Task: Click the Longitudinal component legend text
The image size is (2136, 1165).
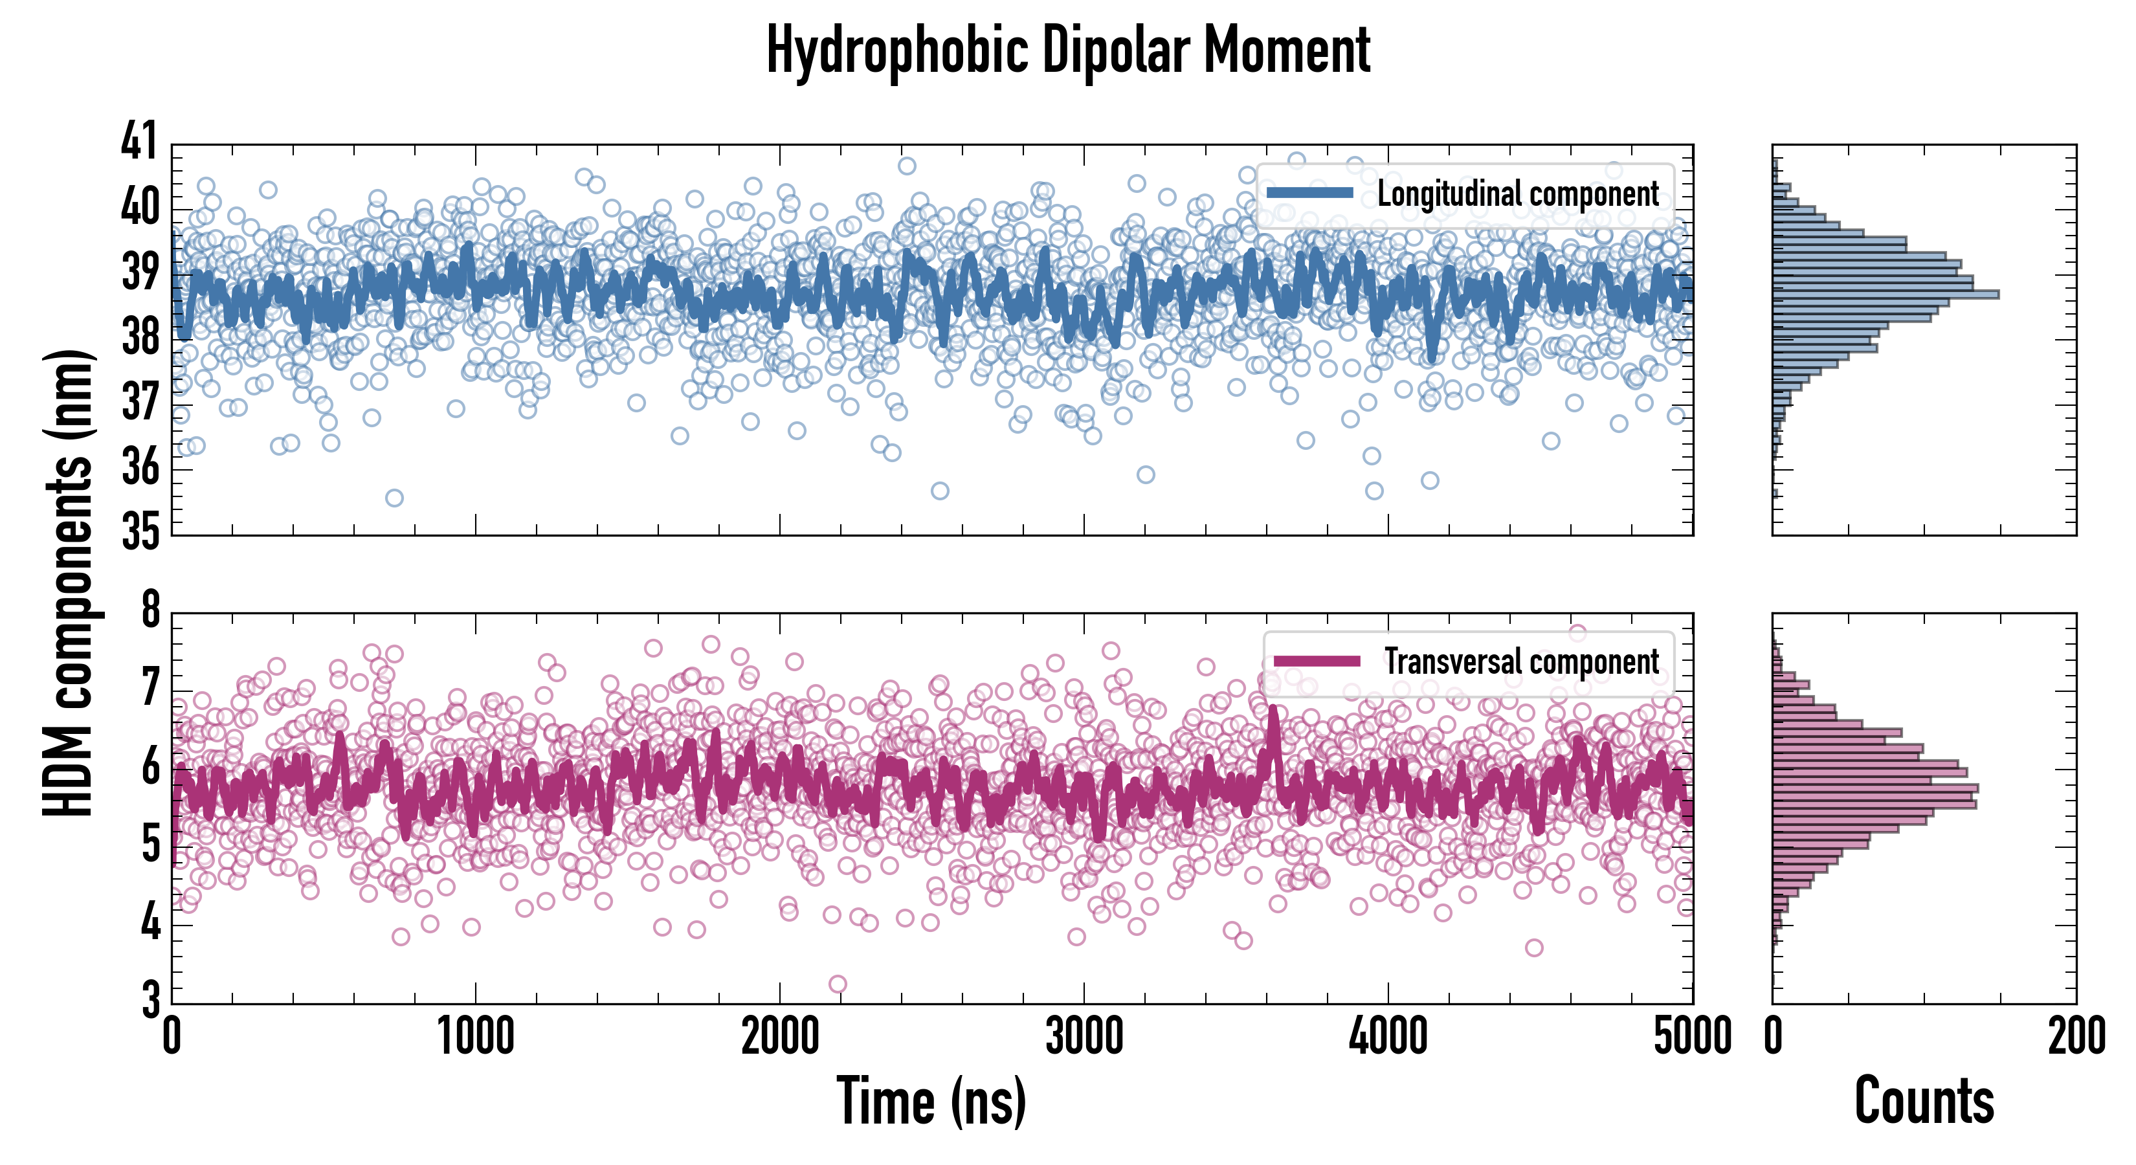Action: [1517, 194]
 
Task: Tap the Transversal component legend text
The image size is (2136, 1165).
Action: [1522, 661]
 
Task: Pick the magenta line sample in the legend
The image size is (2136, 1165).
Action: [1317, 661]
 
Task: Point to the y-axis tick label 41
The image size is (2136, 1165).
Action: [139, 141]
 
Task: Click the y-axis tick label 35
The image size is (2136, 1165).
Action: [139, 531]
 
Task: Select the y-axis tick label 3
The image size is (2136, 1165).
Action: [150, 999]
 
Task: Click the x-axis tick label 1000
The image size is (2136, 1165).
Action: [475, 1036]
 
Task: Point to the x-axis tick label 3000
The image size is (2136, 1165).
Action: [1084, 1036]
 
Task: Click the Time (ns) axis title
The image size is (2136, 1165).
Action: [931, 1101]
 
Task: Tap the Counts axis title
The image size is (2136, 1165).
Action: [1924, 1101]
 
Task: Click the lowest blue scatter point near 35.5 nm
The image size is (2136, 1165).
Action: [395, 498]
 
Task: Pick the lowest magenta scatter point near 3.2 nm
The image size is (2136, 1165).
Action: [838, 984]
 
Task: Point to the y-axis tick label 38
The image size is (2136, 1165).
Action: [139, 337]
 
